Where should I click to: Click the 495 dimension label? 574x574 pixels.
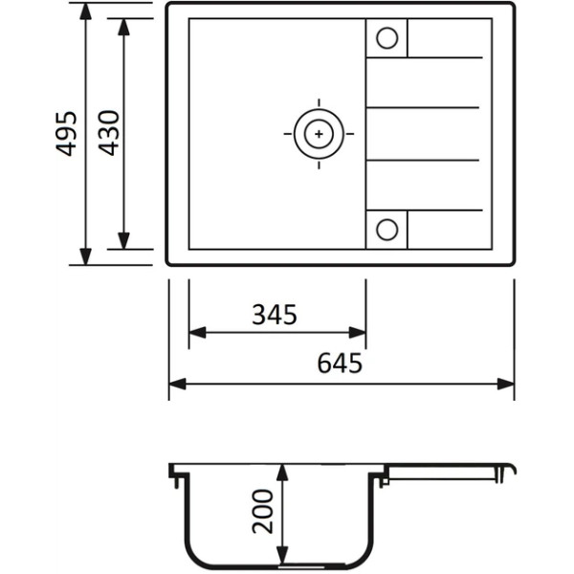click(66, 134)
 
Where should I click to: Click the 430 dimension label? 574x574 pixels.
click(109, 133)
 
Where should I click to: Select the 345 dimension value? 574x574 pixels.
click(275, 315)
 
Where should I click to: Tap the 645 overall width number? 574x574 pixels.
click(340, 363)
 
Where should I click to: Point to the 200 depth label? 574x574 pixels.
click(263, 512)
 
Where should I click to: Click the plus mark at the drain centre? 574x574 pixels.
click(319, 134)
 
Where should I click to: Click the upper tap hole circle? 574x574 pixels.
click(386, 38)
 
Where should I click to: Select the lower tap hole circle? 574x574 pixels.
click(386, 230)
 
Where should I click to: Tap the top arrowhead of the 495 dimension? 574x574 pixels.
click(85, 11)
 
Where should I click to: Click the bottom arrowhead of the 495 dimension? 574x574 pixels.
click(85, 256)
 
